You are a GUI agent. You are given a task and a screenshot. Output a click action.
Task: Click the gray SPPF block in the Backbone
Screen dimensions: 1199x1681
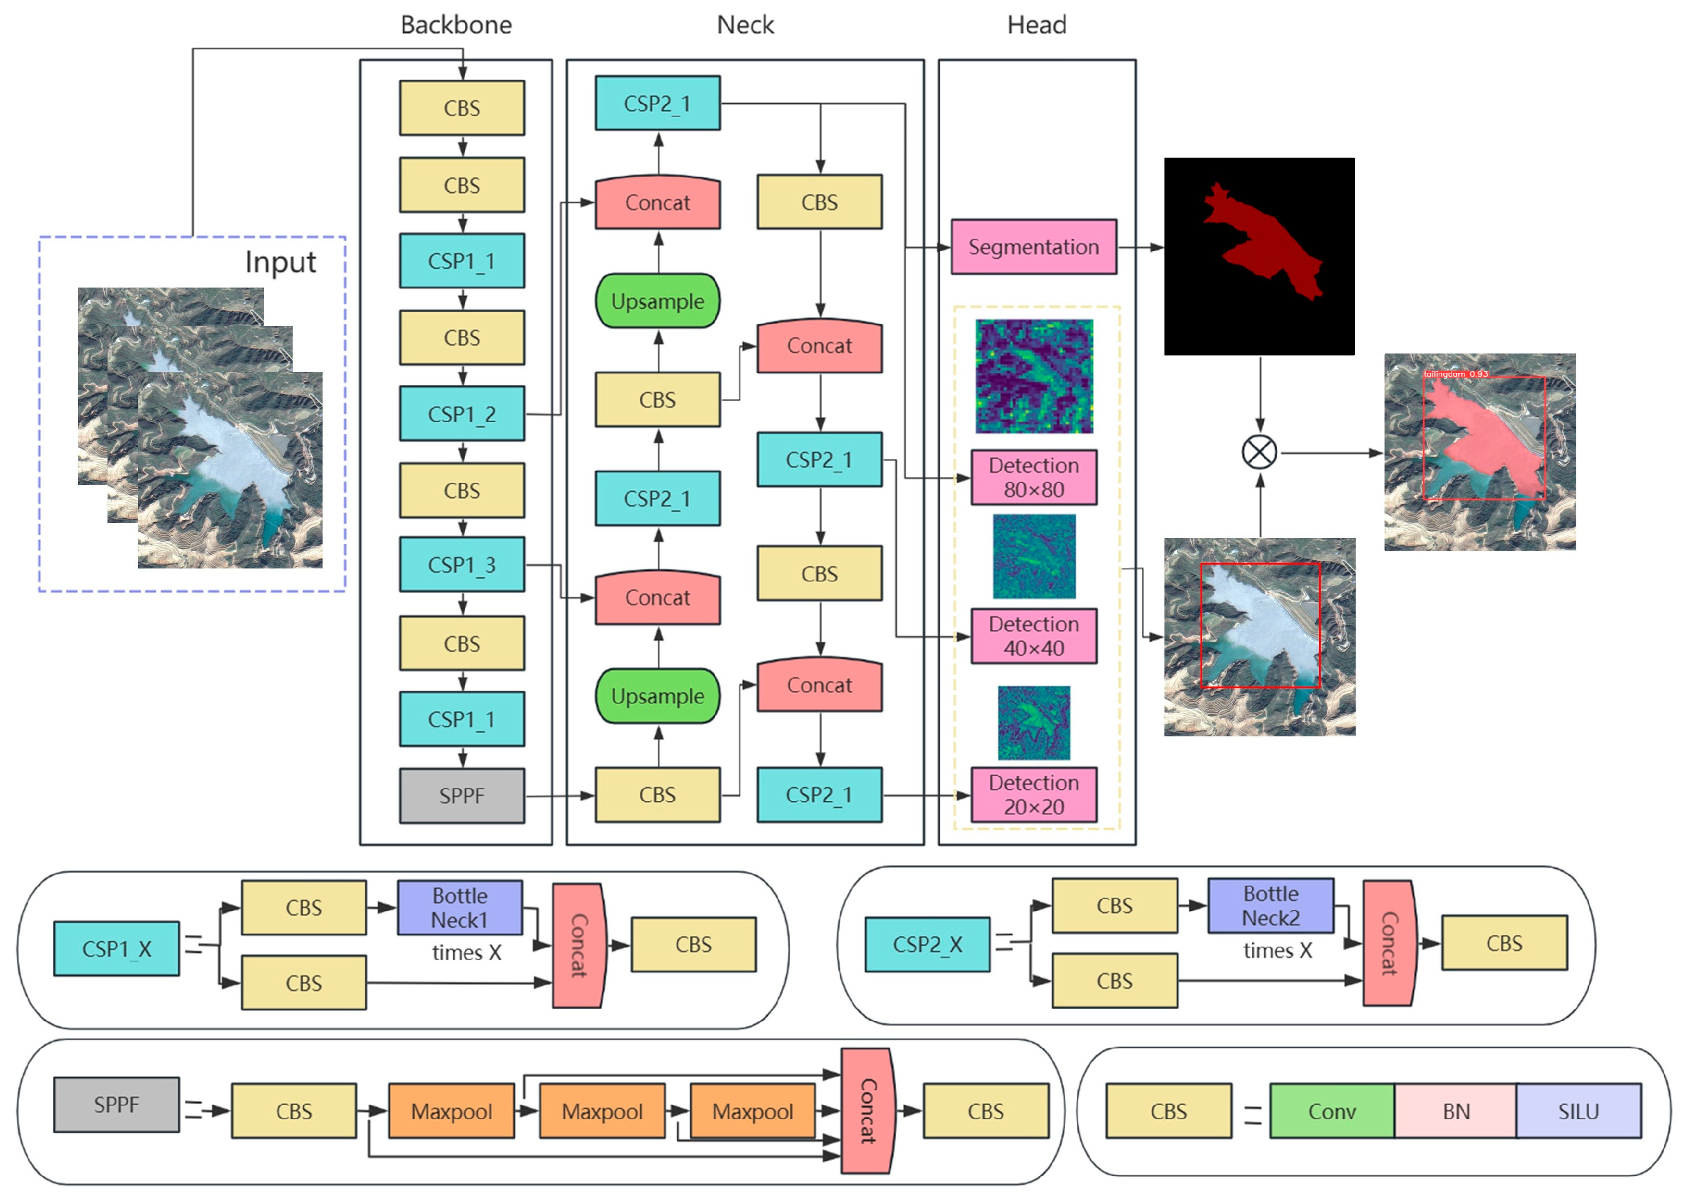462,795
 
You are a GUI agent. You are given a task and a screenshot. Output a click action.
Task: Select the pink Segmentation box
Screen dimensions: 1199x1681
1033,247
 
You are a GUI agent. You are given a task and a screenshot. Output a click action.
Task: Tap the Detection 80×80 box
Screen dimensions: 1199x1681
1033,477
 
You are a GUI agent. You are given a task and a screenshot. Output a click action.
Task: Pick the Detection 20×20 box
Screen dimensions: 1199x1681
1033,795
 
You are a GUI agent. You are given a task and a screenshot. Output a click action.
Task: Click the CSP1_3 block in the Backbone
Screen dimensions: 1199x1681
462,564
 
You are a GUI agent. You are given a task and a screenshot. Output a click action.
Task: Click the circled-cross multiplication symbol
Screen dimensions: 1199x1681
1259,452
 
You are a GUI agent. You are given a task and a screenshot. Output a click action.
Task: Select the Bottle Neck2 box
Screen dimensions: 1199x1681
1270,905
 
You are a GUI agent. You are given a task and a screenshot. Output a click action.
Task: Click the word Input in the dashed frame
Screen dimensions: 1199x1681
280,262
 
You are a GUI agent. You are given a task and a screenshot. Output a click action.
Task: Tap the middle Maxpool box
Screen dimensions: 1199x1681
602,1110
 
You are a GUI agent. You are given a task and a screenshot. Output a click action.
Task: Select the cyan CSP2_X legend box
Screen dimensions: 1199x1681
926,944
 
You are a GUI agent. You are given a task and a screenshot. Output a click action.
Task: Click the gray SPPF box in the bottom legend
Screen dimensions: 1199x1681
116,1104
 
